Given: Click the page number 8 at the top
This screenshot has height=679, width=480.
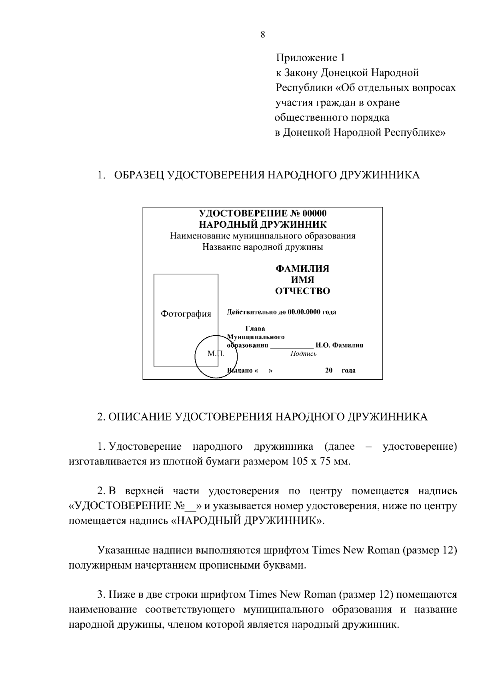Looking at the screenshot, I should (262, 35).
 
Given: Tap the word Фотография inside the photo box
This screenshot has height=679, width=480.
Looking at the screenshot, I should (186, 314).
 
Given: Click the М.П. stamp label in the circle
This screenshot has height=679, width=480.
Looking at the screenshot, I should (216, 354).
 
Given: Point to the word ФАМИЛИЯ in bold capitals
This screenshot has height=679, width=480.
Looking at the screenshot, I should (302, 268).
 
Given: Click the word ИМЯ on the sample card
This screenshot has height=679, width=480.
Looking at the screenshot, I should (302, 280).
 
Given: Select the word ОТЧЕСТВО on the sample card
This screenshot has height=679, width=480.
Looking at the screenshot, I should (302, 291).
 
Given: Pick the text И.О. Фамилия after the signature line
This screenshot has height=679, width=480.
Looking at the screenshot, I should (339, 345).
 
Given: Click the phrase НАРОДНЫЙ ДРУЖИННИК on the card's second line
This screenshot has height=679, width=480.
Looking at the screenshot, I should (263, 224).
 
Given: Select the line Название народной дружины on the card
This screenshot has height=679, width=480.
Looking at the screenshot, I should (263, 247).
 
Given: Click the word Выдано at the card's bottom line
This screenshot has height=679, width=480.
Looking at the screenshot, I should (240, 371).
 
